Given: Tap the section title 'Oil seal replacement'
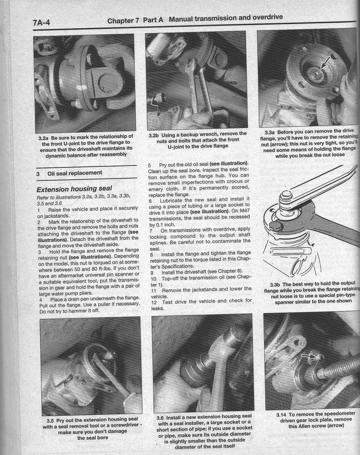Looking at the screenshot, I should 74,173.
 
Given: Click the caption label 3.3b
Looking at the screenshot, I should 275,284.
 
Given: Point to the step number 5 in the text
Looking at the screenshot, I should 150,165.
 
